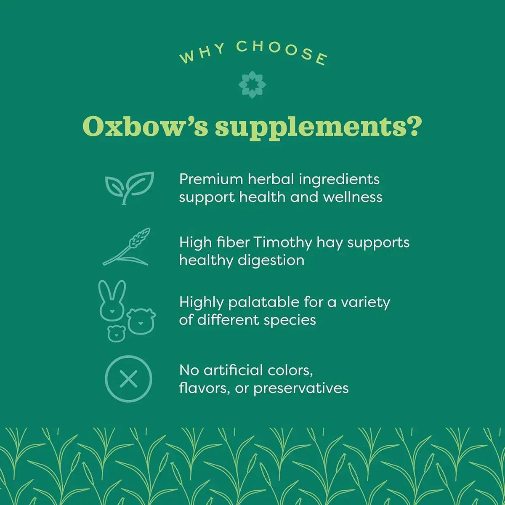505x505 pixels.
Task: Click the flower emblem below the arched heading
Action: click(252, 84)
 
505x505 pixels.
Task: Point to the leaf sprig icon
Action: click(129, 188)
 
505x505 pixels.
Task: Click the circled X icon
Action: click(128, 379)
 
